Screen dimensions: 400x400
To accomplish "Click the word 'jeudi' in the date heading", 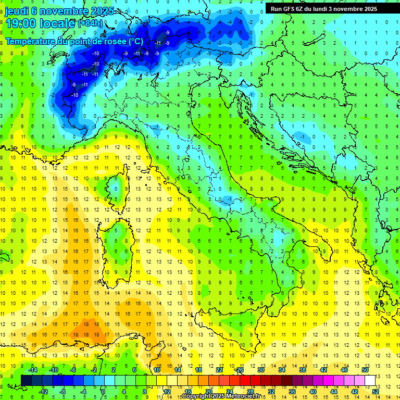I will pyautogui.click(x=17, y=11).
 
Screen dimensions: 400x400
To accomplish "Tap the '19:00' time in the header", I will pyautogui.click(x=19, y=23).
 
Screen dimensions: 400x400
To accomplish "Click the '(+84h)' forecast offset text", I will pyautogui.click(x=90, y=23).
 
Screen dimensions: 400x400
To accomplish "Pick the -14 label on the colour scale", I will pyautogui.click(x=32, y=370).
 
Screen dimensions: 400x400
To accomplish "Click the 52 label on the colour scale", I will pyautogui.click(x=376, y=392).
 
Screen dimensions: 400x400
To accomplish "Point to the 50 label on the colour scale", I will pyautogui.click(x=365, y=370).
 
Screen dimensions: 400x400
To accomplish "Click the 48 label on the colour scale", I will pyautogui.click(x=355, y=392).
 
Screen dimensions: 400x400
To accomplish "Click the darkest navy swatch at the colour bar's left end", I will pyautogui.click(x=26, y=380).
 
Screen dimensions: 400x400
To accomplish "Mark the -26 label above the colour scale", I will pyautogui.click(x=239, y=370).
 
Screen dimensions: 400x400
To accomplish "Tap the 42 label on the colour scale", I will pyautogui.click(x=323, y=370).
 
